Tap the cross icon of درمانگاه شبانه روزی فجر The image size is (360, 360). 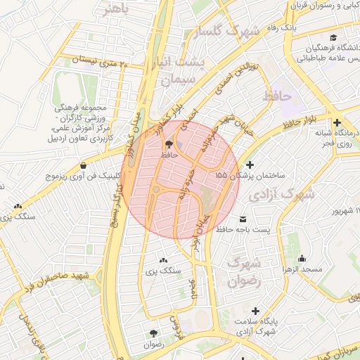click(x=337, y=121)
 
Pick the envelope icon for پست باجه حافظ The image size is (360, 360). click(x=243, y=219)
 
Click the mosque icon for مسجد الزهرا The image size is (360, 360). click(x=302, y=258)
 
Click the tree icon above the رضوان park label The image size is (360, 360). click(x=153, y=333)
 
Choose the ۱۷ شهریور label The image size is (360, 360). click(x=345, y=211)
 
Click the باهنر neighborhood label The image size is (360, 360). click(x=117, y=9)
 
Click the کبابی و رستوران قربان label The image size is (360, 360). click(x=325, y=5)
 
